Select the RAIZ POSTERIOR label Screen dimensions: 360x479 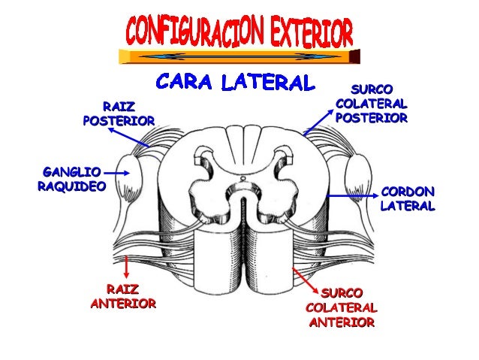pyautogui.click(x=119, y=113)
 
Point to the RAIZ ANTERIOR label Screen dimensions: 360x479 pyautogui.click(x=122, y=297)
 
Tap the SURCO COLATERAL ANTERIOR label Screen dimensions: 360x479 pyautogui.click(x=341, y=307)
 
